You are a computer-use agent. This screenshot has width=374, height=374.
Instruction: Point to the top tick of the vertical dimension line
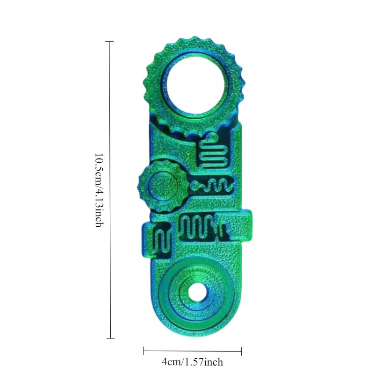pyautogui.click(x=110, y=41)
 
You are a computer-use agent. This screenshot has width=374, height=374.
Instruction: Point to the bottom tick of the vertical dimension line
pyautogui.click(x=110, y=338)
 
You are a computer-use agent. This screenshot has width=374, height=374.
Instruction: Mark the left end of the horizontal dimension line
pyautogui.click(x=144, y=351)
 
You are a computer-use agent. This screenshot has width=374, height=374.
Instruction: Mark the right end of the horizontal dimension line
pyautogui.click(x=241, y=351)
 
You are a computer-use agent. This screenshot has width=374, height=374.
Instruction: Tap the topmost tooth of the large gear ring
pyautogui.click(x=197, y=39)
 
